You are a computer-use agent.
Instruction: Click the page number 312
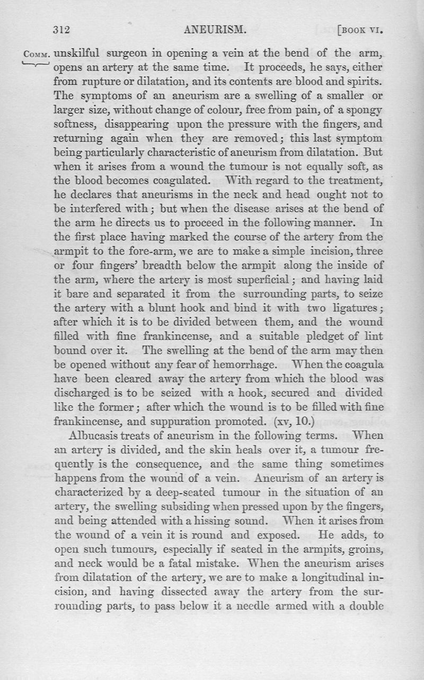tap(61, 30)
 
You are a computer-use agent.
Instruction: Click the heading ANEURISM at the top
tap(215, 30)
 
